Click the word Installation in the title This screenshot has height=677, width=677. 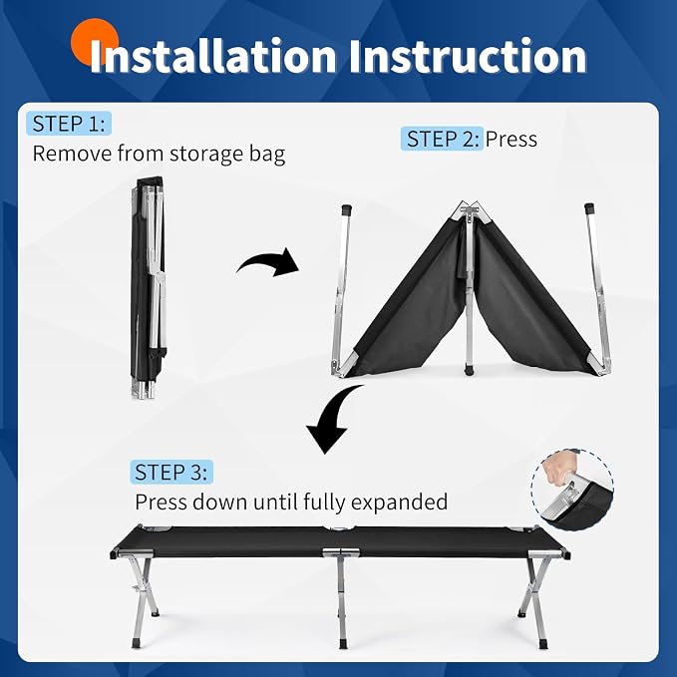pos(212,56)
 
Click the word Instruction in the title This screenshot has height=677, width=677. pos(468,56)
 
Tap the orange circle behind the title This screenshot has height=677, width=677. pos(95,42)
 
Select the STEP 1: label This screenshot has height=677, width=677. pos(69,124)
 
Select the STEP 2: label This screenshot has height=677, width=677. pos(442,139)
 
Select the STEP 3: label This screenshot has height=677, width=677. pos(171,472)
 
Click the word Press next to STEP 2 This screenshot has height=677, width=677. pos(511,139)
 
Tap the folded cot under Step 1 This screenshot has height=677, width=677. pos(149,287)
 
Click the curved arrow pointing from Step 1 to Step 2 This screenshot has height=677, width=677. pos(268,262)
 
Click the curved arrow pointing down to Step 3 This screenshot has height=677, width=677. pos(331,421)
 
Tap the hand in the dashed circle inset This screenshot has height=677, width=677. pos(556,468)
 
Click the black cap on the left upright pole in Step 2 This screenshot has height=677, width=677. pos(346,210)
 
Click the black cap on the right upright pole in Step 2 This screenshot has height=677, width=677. pos(589,209)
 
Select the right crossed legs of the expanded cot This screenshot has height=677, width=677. pos(534,601)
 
